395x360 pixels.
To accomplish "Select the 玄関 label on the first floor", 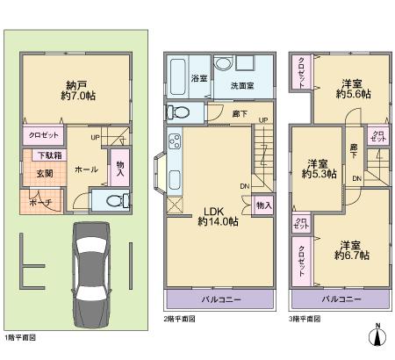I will pos(44,173).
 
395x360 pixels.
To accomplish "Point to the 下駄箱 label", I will pos(48,156).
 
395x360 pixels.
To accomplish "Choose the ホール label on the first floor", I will pos(86,169).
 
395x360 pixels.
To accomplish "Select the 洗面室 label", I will pos(243,86).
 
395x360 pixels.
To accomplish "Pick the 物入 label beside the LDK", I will pos(262,205).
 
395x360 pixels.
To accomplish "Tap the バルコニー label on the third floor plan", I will pos(340,299).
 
